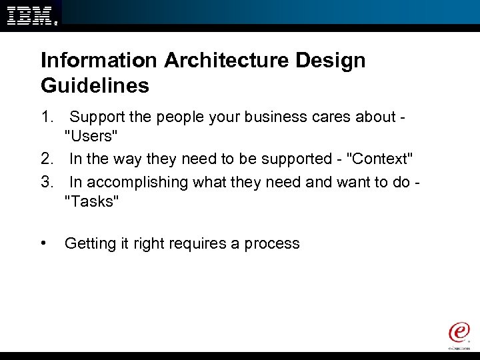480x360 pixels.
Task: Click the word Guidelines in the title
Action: pos(95,86)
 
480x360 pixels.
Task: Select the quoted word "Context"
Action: pos(379,159)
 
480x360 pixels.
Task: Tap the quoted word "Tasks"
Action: pos(91,202)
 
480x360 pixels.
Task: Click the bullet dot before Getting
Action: pos(44,243)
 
